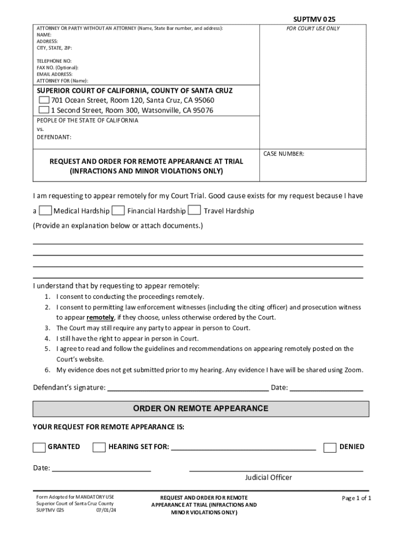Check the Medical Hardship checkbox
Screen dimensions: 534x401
click(x=45, y=211)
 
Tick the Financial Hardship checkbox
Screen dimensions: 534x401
click(x=118, y=211)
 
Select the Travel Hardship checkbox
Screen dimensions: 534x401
click(x=194, y=211)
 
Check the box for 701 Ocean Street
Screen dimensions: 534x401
click(x=44, y=100)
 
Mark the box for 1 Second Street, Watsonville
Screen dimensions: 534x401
click(x=44, y=110)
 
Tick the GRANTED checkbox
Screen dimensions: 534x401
click(x=39, y=447)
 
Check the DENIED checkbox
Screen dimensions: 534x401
click(x=330, y=447)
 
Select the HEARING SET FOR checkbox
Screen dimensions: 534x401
click(x=99, y=447)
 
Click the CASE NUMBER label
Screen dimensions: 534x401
click(x=284, y=154)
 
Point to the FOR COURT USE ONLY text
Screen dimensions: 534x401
click(x=313, y=28)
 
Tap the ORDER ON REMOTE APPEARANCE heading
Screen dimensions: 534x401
click(x=200, y=408)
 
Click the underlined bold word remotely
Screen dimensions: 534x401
click(x=100, y=318)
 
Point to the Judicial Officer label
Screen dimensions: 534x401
click(x=268, y=477)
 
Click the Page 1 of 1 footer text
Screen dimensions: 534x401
click(x=356, y=498)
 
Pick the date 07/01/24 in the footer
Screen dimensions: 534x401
click(x=106, y=510)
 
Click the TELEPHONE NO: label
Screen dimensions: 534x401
click(x=54, y=61)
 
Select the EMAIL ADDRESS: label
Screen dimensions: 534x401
click(x=55, y=74)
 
